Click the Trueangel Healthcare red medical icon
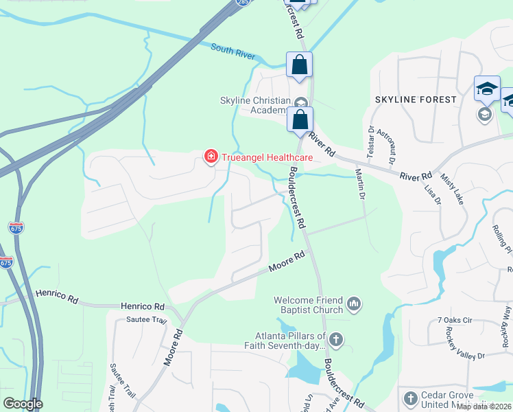tap(211, 158)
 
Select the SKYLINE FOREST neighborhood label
tap(416, 100)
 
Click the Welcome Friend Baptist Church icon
tap(354, 303)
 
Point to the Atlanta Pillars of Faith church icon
tap(335, 339)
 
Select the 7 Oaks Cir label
tap(455, 321)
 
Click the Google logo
tap(22, 404)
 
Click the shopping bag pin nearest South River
tap(299, 66)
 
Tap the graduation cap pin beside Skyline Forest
tap(487, 89)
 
